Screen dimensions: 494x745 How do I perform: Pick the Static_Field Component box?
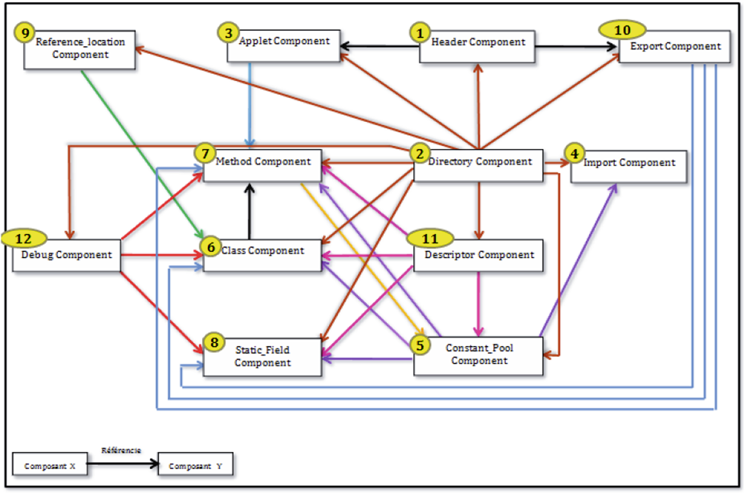[262, 357]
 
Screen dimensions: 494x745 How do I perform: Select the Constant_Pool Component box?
[479, 356]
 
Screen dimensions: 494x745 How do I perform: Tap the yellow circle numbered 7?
[205, 153]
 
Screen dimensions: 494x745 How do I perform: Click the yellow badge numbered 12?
[24, 238]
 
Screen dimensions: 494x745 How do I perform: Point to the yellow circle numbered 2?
[420, 154]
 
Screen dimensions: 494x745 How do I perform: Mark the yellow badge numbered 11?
[430, 238]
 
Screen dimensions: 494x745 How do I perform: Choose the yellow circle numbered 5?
[420, 345]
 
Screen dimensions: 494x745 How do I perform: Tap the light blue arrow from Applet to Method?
[250, 104]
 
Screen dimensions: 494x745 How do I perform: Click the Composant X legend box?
[50, 464]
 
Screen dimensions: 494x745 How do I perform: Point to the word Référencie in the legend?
[121, 450]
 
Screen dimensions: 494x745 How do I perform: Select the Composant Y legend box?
[196, 464]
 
